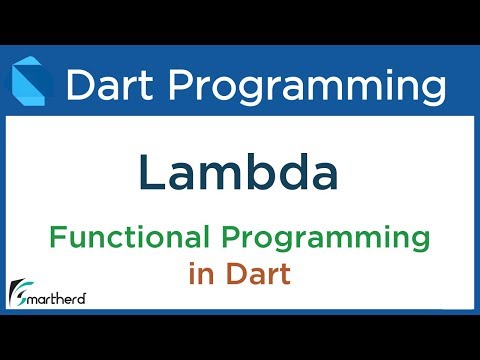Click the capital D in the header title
pos(77,85)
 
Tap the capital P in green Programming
pos(242,240)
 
